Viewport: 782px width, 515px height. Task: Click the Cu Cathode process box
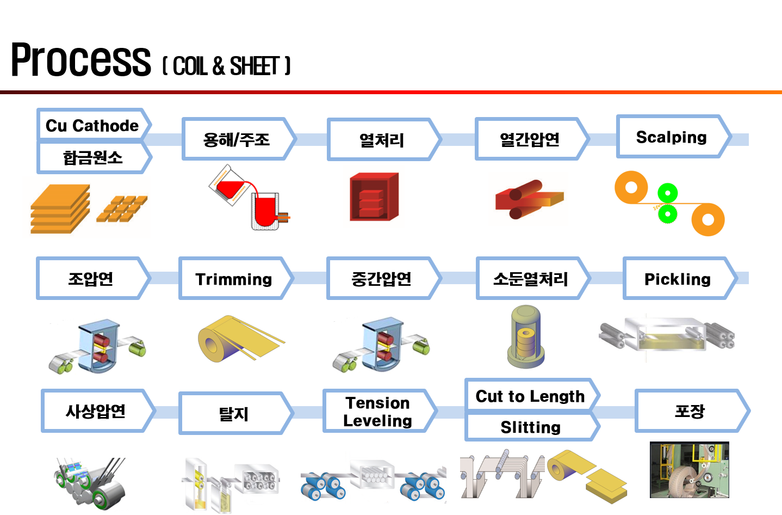point(94,125)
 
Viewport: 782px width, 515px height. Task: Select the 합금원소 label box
point(94,157)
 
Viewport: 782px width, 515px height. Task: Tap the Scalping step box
point(673,137)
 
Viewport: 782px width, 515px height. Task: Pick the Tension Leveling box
point(380,411)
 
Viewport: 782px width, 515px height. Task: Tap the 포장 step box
point(692,411)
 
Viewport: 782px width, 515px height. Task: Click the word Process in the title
point(81,59)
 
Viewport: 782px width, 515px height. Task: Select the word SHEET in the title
point(255,66)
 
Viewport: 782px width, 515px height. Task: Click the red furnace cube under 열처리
point(374,197)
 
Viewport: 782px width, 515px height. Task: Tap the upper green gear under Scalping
point(667,193)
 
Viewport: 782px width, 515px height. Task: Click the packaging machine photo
point(689,470)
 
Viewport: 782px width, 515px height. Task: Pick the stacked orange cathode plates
point(60,209)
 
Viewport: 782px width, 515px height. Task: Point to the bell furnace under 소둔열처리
point(526,336)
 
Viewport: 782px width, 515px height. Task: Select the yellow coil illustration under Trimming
point(241,339)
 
